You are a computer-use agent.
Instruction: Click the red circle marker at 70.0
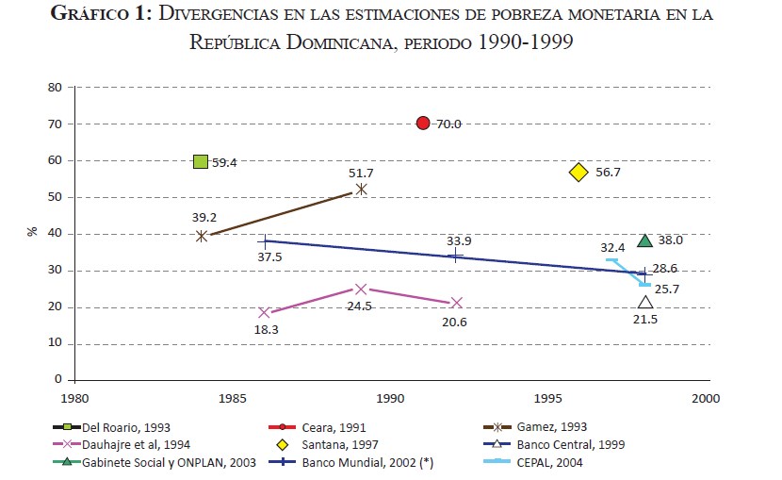click(x=423, y=124)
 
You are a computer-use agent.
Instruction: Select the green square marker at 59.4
click(x=200, y=162)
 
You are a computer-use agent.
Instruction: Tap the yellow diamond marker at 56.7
click(x=578, y=173)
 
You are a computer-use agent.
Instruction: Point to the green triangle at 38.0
click(x=644, y=240)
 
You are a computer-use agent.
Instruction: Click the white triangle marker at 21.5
click(x=644, y=303)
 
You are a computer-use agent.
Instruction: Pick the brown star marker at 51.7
click(x=361, y=189)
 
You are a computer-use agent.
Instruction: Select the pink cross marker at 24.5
click(x=360, y=290)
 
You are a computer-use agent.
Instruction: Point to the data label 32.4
click(x=612, y=247)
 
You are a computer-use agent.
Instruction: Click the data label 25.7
click(x=667, y=289)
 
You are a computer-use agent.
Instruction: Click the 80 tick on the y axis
click(x=55, y=88)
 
